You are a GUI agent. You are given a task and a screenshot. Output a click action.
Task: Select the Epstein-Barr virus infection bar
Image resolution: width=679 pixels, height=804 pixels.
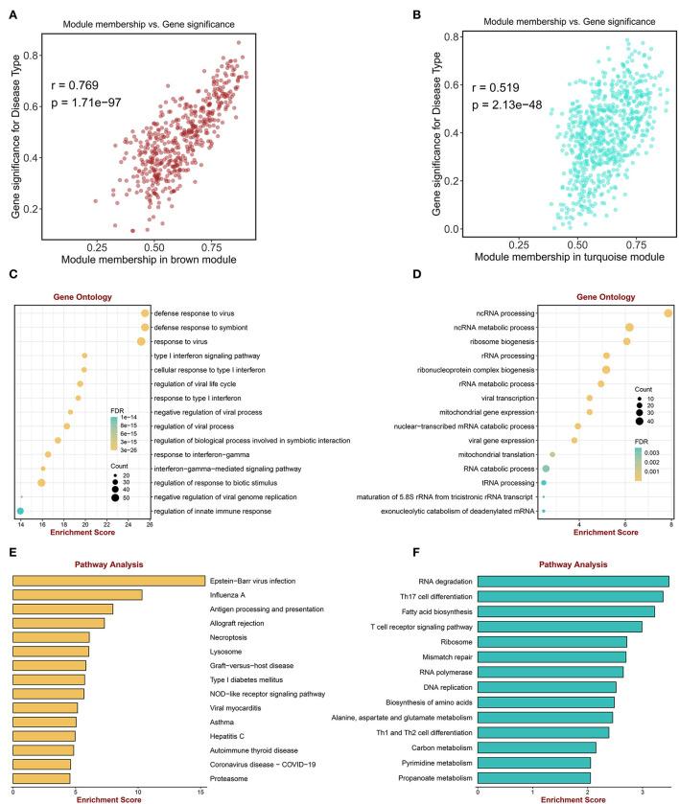coord(108,581)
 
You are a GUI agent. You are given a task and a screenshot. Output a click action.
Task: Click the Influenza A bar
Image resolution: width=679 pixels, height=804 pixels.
coord(77,595)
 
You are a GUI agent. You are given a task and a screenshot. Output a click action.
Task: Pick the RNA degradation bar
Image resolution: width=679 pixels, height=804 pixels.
coord(573,581)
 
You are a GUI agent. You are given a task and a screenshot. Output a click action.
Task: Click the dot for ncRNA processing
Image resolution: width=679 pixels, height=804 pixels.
coord(668,313)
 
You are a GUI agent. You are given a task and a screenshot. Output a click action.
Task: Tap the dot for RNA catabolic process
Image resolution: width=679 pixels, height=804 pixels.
coord(546,469)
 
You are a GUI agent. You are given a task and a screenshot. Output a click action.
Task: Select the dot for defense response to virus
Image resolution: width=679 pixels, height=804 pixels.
coord(145,313)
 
